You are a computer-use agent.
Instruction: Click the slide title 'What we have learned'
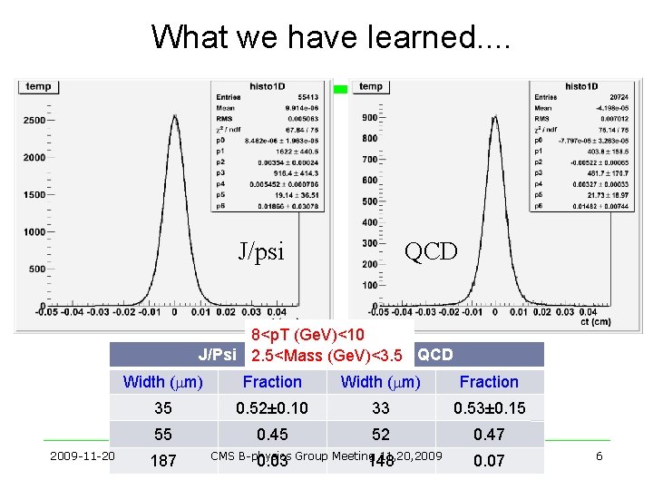(331, 36)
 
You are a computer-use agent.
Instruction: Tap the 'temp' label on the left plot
(38, 87)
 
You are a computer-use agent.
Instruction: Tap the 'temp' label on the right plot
(370, 87)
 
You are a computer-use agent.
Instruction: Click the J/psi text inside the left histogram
(261, 251)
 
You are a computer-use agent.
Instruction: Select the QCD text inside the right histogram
(432, 251)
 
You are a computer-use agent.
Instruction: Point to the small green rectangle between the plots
(340, 89)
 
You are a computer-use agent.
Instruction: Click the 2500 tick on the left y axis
(34, 120)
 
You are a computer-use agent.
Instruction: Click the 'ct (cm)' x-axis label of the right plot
(619, 323)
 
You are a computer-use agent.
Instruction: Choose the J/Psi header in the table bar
(218, 355)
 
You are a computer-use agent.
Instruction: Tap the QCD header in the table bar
(435, 355)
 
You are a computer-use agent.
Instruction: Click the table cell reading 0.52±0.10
(272, 408)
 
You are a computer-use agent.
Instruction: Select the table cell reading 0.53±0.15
(489, 408)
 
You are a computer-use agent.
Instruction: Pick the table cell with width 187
(162, 461)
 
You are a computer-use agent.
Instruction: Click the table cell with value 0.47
(489, 435)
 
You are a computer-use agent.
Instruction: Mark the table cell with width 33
(380, 408)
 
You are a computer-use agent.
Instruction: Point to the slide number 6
(599, 456)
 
